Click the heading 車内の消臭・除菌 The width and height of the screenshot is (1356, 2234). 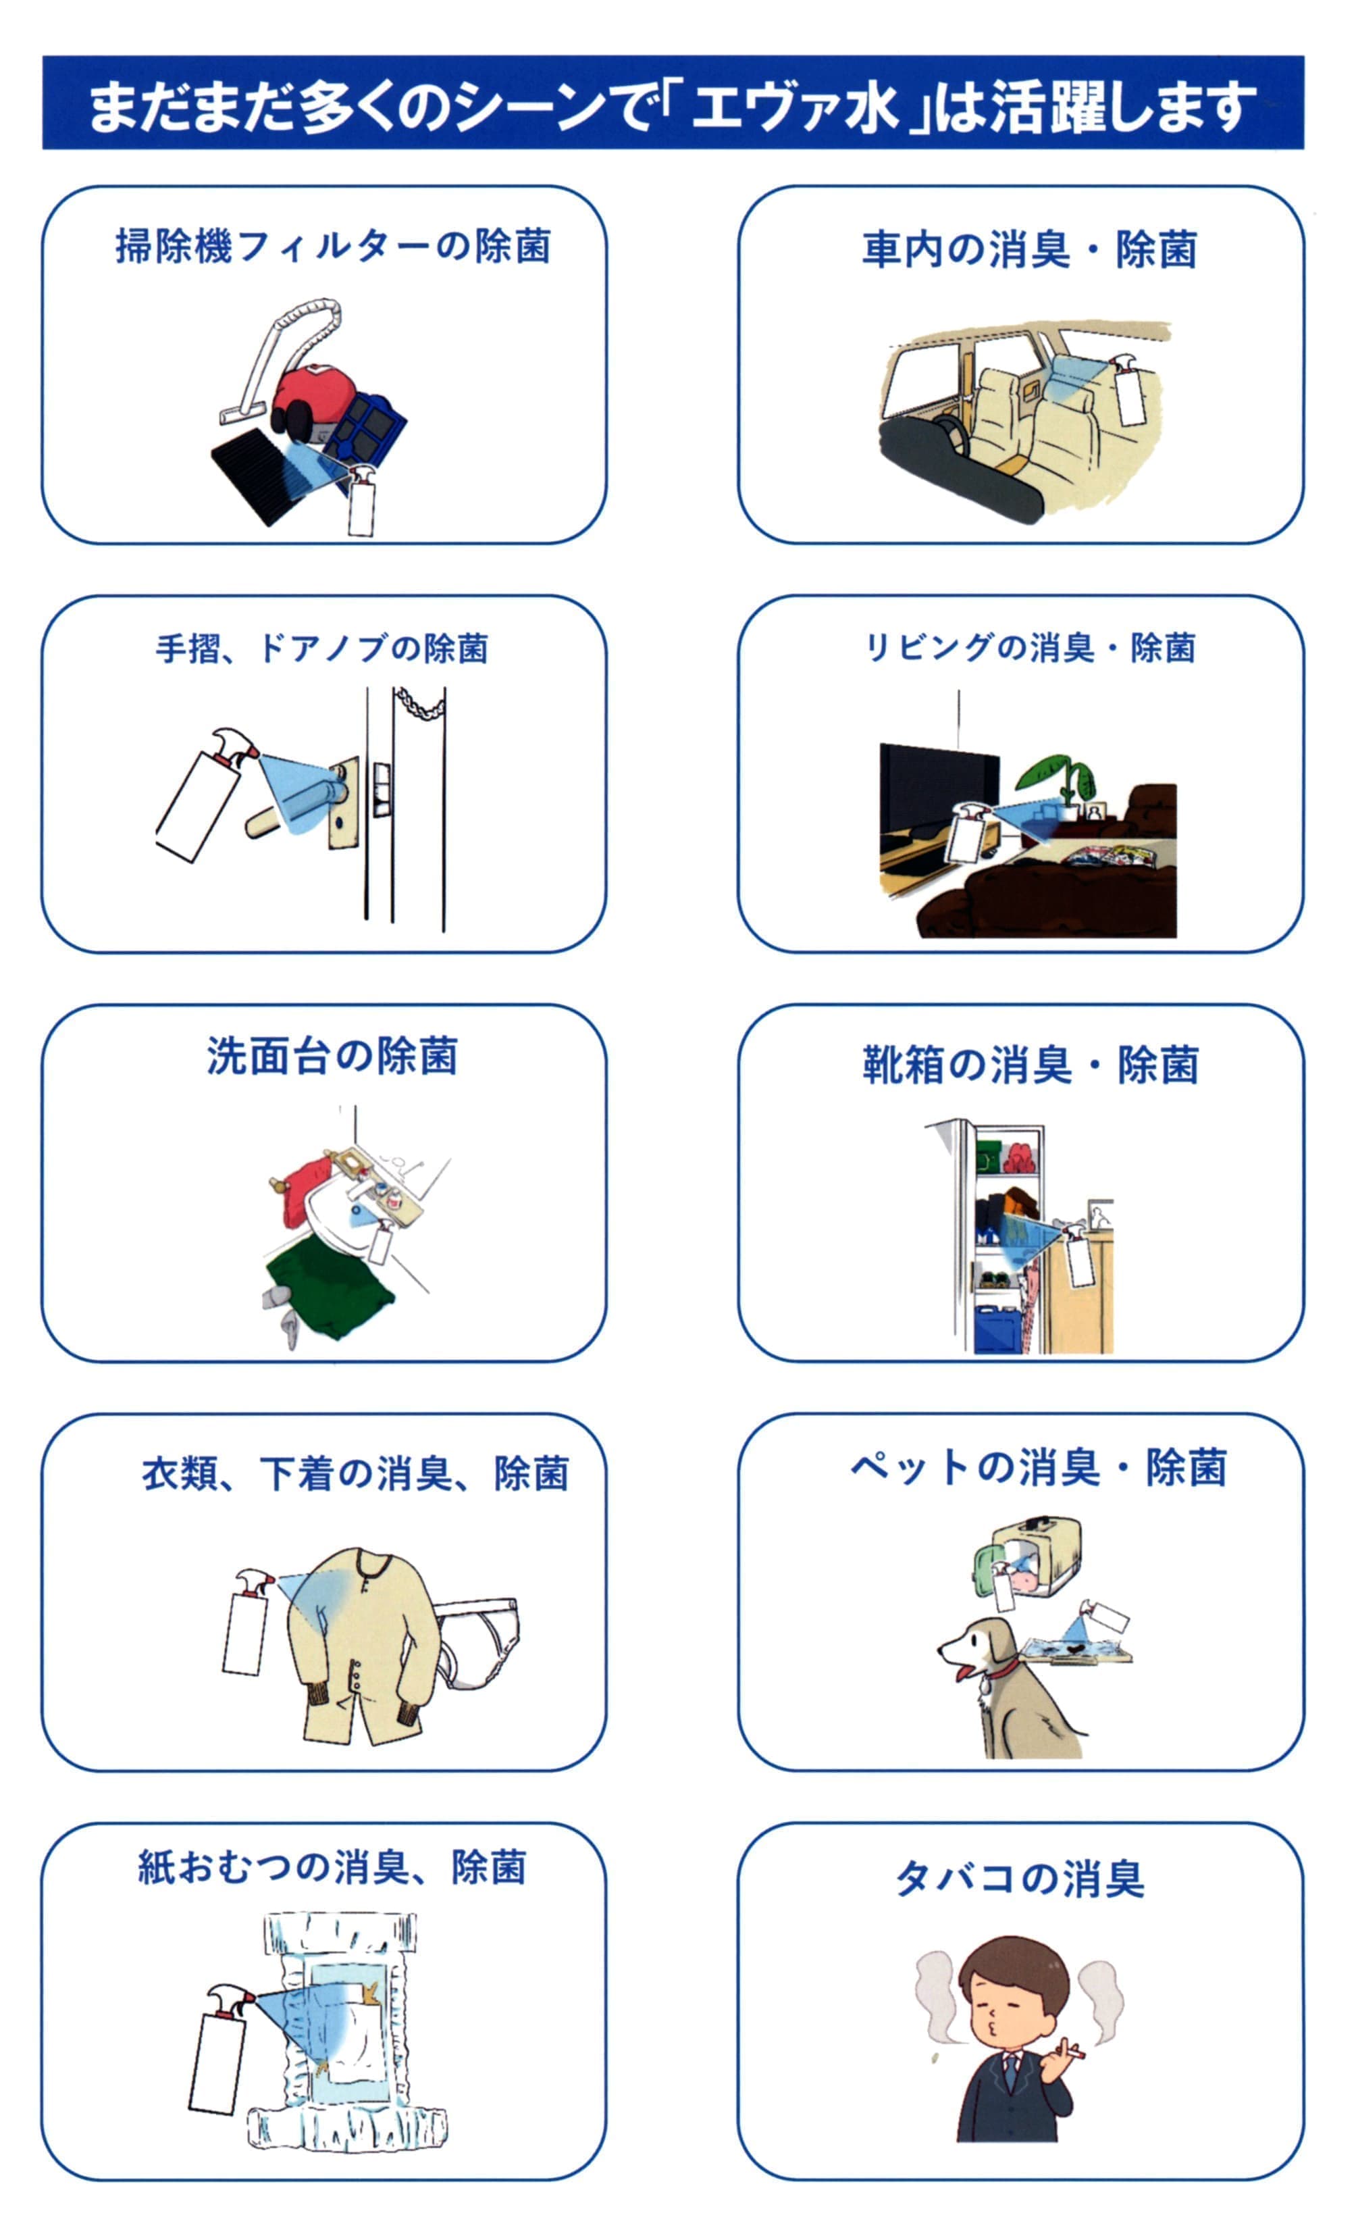click(1030, 250)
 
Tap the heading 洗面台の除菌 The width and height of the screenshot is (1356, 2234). click(332, 1057)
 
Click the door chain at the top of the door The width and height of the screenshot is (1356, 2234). click(419, 703)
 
